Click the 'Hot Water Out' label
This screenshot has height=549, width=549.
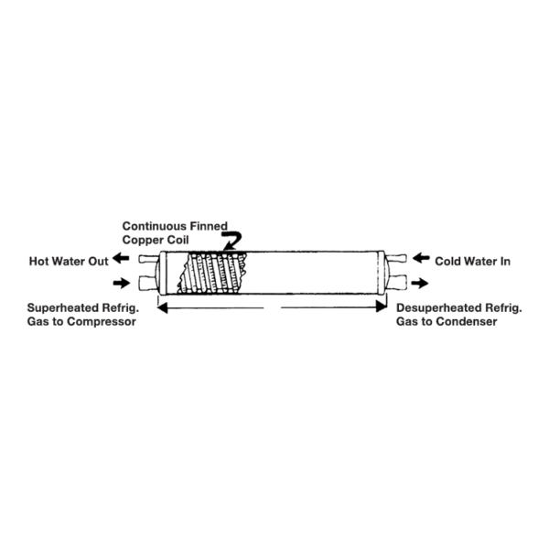pyautogui.click(x=66, y=261)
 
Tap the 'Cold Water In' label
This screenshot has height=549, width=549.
pyautogui.click(x=472, y=261)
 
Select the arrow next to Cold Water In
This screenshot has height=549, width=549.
pyautogui.click(x=417, y=260)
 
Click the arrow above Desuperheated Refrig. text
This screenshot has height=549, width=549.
pyautogui.click(x=417, y=283)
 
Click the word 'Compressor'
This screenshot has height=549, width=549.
pyautogui.click(x=102, y=323)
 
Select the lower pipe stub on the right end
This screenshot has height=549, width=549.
pyautogui.click(x=394, y=282)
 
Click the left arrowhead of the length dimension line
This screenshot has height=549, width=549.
pyautogui.click(x=164, y=308)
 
